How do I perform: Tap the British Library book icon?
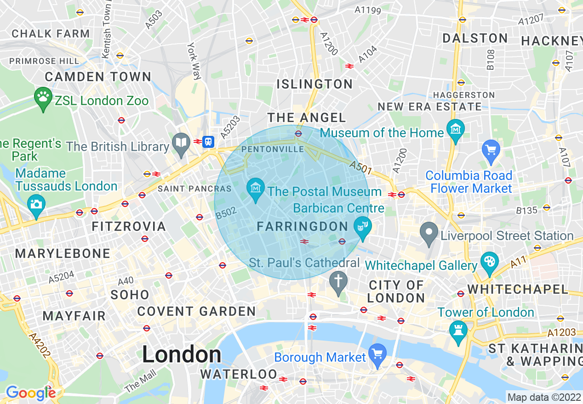(x=182, y=142)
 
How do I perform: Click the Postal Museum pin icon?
(x=255, y=188)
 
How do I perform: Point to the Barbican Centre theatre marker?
(x=362, y=226)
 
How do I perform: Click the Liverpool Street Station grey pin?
(x=429, y=231)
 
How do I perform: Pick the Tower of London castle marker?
(x=458, y=330)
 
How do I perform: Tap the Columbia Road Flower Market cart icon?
(x=491, y=150)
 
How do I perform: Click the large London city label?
(x=182, y=355)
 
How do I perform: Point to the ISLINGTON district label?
(x=314, y=84)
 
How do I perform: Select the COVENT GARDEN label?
(x=196, y=311)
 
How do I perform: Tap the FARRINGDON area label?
(x=303, y=226)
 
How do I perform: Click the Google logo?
(x=30, y=393)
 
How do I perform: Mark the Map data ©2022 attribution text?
(x=543, y=396)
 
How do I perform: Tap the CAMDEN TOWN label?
(x=98, y=77)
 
